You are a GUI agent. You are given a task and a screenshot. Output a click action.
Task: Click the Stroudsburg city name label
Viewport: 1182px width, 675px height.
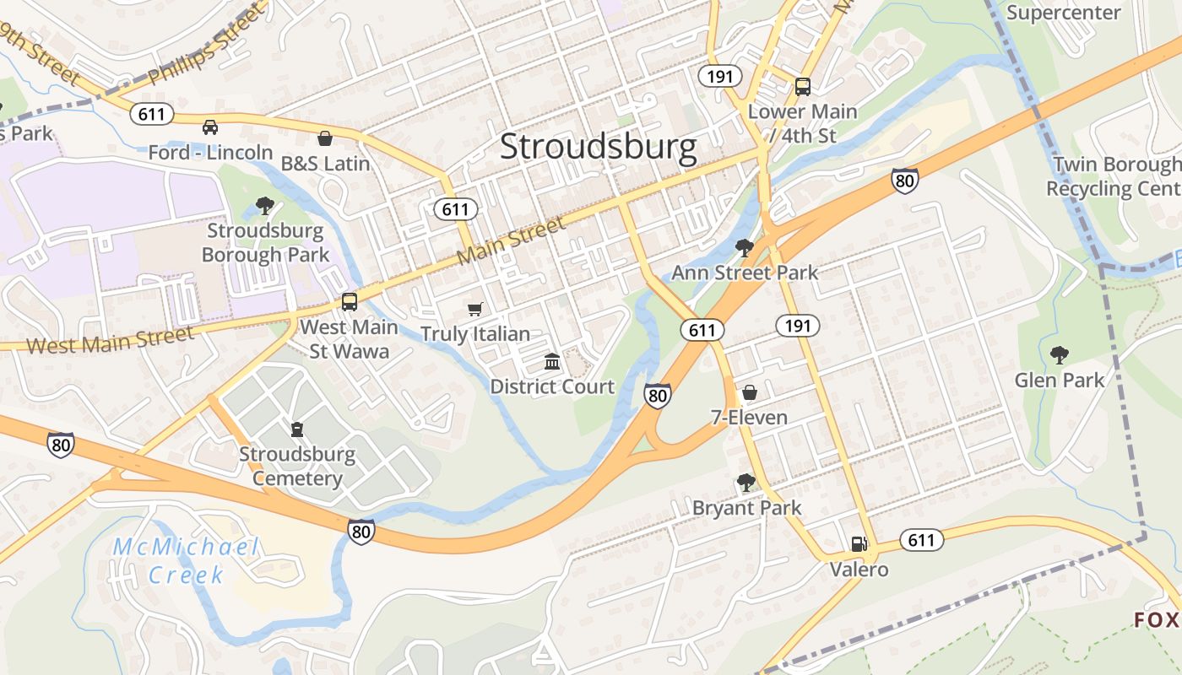[599, 147]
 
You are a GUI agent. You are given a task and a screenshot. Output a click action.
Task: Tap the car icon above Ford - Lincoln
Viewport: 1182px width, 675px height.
[210, 127]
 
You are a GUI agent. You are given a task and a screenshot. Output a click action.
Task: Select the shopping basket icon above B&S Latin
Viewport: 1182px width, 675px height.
[325, 138]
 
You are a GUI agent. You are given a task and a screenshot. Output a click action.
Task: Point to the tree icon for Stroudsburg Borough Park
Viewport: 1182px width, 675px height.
[264, 205]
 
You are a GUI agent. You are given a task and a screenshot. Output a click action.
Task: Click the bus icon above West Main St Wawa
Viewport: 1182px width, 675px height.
[350, 302]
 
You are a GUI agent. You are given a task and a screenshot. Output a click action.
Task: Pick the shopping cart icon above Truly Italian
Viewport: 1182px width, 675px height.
[475, 310]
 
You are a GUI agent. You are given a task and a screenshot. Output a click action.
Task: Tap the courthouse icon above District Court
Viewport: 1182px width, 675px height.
[552, 362]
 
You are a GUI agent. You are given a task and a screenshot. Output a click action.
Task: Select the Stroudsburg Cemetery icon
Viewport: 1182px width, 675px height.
[296, 430]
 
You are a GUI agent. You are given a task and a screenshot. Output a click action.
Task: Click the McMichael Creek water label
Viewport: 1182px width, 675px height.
[186, 561]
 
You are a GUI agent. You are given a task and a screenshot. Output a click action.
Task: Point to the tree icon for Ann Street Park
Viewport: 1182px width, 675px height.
[744, 247]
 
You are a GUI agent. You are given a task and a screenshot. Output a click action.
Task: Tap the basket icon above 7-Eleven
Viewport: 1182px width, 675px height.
[749, 392]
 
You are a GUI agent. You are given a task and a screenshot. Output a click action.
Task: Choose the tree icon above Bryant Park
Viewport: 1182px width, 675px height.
[746, 483]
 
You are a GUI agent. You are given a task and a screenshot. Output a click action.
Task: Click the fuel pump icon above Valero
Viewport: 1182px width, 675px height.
[859, 544]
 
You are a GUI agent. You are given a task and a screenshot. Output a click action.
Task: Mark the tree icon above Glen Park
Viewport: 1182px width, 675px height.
[1059, 355]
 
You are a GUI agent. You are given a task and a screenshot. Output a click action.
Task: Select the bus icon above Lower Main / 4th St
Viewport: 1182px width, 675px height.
[802, 86]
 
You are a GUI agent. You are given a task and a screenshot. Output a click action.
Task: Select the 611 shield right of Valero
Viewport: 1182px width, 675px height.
[920, 539]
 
